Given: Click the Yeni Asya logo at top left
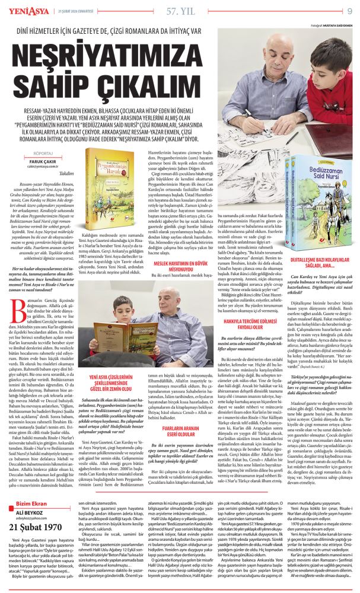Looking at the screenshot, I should pyautogui.click(x=22, y=10).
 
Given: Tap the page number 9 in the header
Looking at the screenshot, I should pyautogui.click(x=349, y=10).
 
